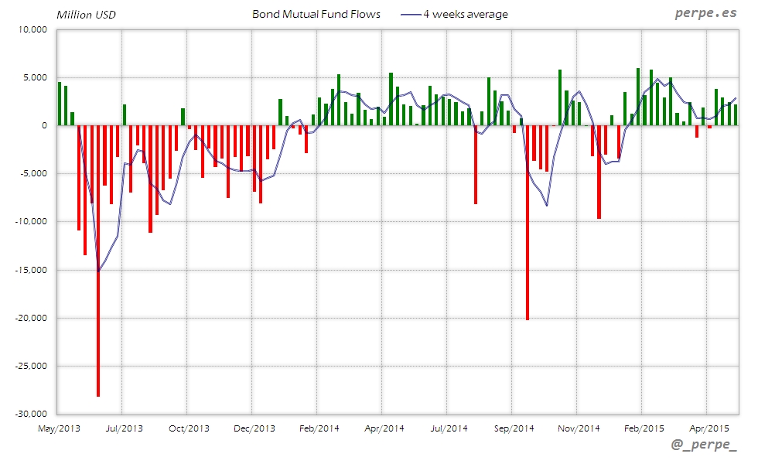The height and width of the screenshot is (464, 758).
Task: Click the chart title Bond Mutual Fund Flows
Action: coord(316,14)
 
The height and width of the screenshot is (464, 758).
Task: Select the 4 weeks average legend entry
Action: coord(465,14)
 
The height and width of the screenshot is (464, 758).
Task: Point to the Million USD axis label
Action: coord(86,15)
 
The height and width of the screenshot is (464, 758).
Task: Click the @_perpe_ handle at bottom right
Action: coord(704,445)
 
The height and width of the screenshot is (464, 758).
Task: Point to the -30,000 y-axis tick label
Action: coord(30,414)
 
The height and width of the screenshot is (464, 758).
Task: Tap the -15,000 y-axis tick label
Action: coord(30,270)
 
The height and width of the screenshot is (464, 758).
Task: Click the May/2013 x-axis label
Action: coord(59,428)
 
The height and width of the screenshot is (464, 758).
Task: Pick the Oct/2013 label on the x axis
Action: coord(189,428)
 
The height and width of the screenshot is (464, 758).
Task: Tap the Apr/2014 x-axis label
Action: coord(384,428)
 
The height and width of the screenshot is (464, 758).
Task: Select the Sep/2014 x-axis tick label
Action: coord(514,428)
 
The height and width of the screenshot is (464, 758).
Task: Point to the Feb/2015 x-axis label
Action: coord(644,428)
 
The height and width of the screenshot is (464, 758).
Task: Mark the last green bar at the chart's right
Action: coord(736,114)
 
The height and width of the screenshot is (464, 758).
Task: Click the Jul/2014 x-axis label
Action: coord(449,428)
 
